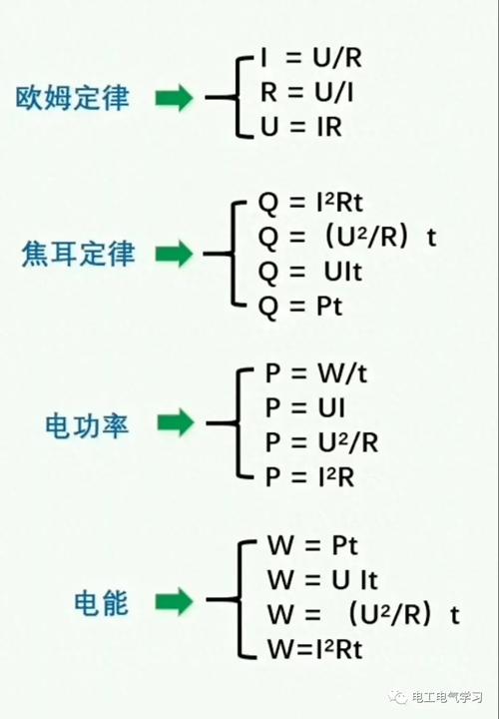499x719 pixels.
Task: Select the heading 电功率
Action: tap(87, 424)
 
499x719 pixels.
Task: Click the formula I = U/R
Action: tap(309, 58)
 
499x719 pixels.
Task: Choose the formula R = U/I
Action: tap(310, 94)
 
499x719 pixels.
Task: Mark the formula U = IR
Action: tap(301, 129)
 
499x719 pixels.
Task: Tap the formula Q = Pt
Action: tap(300, 306)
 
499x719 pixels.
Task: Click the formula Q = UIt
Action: tap(312, 272)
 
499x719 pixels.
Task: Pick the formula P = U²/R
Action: tap(321, 441)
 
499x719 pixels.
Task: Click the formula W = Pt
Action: tap(312, 547)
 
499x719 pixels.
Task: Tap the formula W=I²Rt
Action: tap(314, 649)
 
